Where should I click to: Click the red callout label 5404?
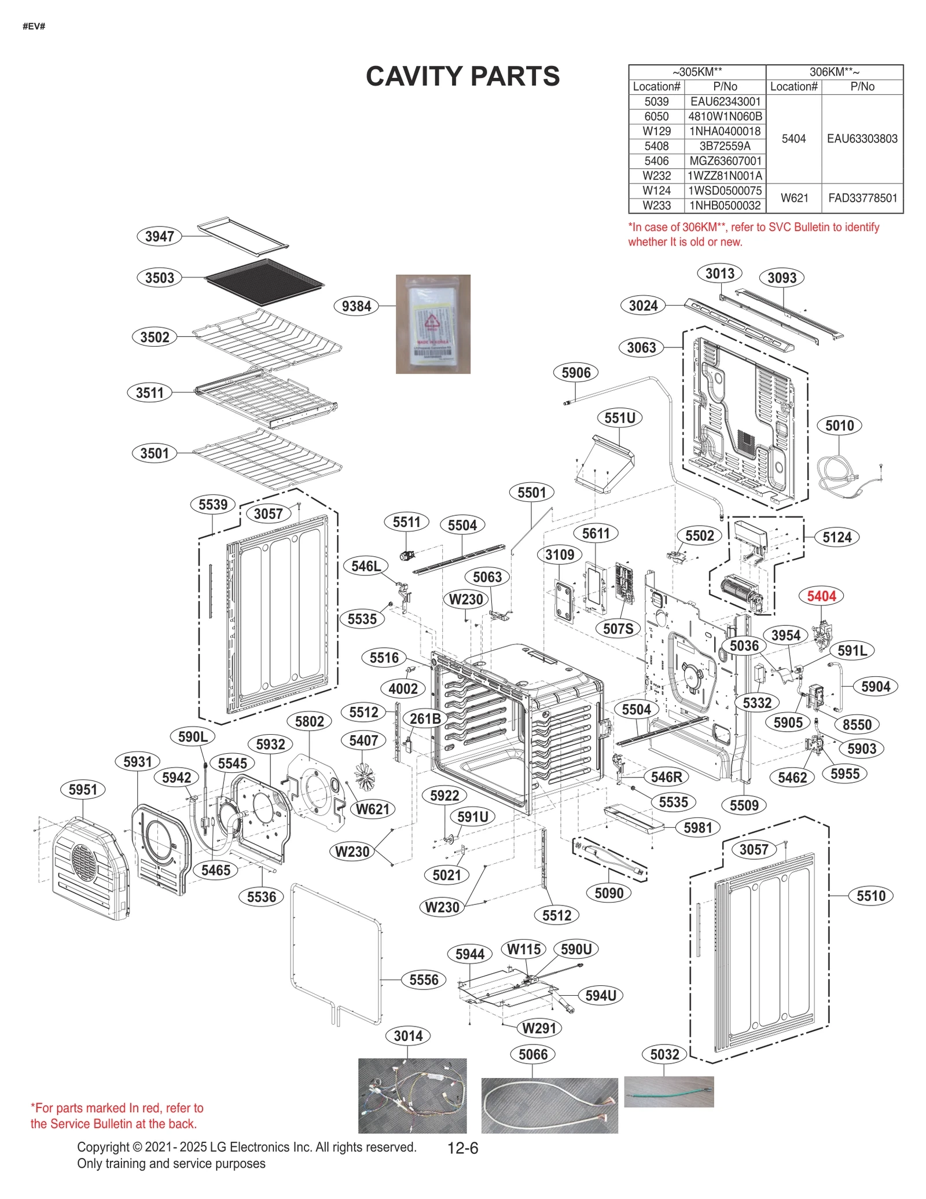(821, 596)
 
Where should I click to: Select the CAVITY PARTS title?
(462, 76)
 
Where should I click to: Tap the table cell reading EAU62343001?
(725, 101)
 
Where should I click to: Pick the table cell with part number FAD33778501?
(862, 198)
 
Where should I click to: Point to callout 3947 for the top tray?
(159, 236)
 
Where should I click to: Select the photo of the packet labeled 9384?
(432, 324)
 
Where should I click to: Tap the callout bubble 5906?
(576, 372)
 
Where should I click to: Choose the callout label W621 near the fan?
(372, 809)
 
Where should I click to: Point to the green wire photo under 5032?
(668, 1091)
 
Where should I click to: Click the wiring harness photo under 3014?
(412, 1095)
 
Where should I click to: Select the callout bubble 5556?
(424, 980)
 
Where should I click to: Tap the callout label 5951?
(83, 789)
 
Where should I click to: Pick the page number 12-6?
(462, 1148)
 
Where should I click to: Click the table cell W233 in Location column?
(656, 206)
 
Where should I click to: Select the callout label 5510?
(870, 896)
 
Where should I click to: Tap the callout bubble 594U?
(600, 995)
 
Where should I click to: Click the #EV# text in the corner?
(34, 27)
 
